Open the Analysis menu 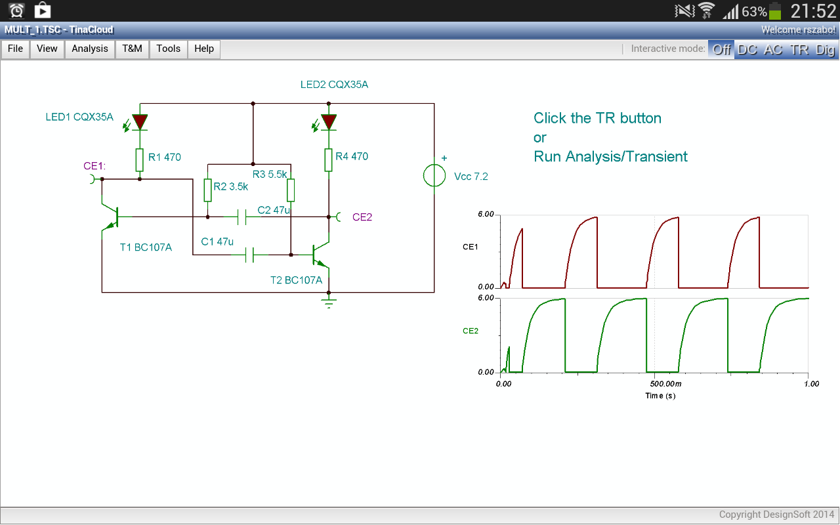[90, 49]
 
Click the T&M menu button [132, 49]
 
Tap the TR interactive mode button [799, 49]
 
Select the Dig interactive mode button [825, 49]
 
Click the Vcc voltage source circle [434, 175]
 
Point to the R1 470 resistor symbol [140, 160]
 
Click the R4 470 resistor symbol [329, 160]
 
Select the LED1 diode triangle [140, 122]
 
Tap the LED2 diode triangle [329, 122]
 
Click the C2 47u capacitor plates [242, 217]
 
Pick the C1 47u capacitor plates [250, 255]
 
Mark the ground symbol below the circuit [329, 303]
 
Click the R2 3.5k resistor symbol [208, 190]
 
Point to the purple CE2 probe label [362, 217]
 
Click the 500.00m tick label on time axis [665, 384]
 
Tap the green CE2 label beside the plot [471, 331]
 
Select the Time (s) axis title [660, 396]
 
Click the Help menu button [204, 49]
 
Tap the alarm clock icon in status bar [16, 10]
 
